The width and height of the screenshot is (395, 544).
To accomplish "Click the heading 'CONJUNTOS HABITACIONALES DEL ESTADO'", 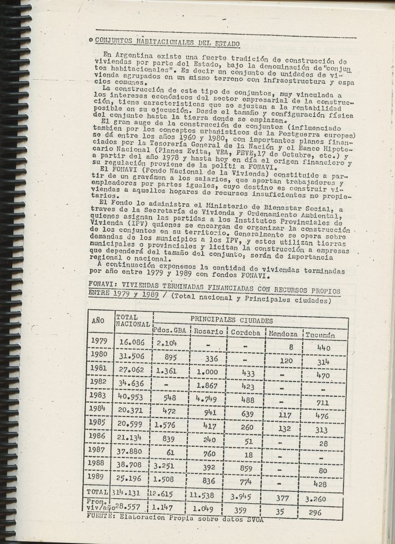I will (x=164, y=43).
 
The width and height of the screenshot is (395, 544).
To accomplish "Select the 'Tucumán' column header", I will (x=321, y=335).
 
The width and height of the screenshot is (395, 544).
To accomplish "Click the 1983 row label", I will (x=99, y=396).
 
